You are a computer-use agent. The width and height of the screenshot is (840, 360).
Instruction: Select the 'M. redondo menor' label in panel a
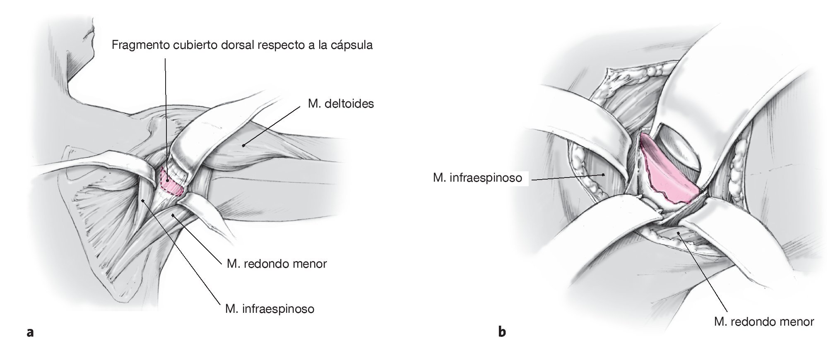pyautogui.click(x=277, y=264)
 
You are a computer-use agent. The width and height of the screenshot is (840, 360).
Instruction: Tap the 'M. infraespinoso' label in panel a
pyautogui.click(x=270, y=309)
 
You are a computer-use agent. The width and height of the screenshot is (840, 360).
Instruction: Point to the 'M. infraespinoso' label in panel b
pyautogui.click(x=477, y=178)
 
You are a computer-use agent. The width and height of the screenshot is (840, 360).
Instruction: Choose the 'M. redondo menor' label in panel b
pyautogui.click(x=764, y=322)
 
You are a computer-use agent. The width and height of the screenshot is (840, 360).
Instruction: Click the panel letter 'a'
pyautogui.click(x=29, y=332)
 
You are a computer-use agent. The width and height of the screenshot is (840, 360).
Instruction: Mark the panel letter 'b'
pyautogui.click(x=502, y=332)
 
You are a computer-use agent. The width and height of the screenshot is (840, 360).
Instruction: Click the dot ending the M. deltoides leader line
pyautogui.click(x=244, y=145)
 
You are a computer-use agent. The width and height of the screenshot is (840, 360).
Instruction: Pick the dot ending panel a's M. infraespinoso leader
pyautogui.click(x=142, y=201)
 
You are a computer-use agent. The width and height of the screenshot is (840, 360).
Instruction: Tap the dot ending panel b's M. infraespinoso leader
pyautogui.click(x=603, y=175)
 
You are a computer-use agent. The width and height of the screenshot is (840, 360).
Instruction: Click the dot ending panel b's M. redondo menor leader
pyautogui.click(x=678, y=233)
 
